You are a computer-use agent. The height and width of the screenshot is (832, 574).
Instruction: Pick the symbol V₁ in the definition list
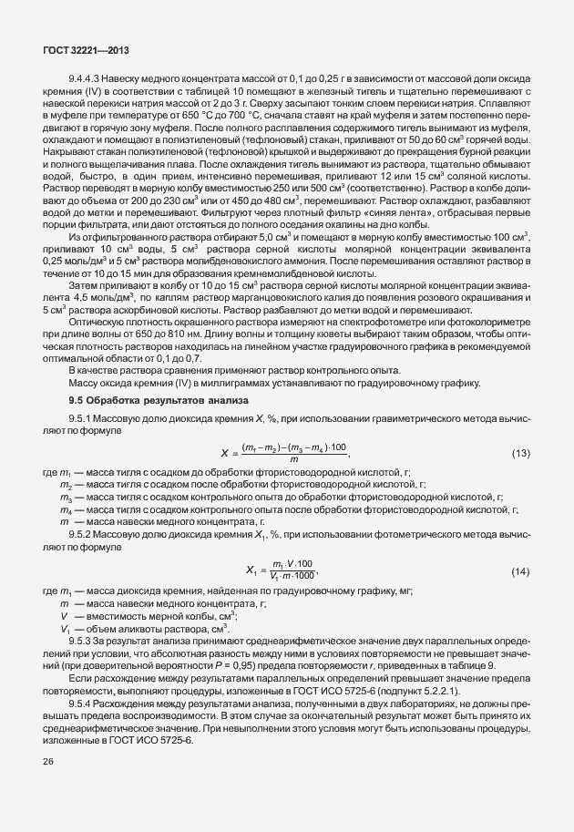(x=65, y=629)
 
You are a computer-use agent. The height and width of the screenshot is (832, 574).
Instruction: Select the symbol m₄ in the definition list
(x=65, y=510)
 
